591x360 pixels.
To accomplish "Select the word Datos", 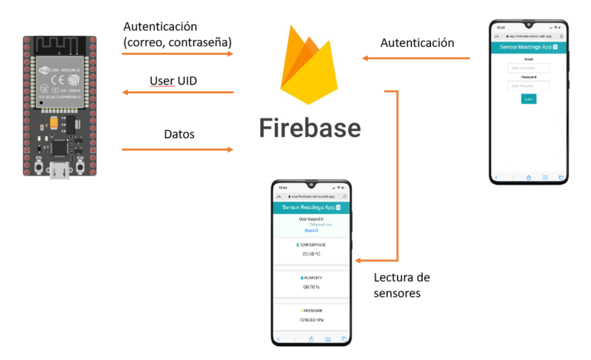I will pos(179,134).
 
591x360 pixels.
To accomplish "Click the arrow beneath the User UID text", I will pos(178,93).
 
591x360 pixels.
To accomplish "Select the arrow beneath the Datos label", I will pos(178,149).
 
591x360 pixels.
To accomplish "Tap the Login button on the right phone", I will pos(529,99).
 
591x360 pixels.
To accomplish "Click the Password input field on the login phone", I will pos(529,85).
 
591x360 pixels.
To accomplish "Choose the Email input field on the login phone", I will pos(529,68).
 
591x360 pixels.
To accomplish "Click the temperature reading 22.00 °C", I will pos(311,253).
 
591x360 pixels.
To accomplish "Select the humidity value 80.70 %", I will pos(311,286).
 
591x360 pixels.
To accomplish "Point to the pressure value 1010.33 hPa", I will pos(311,318).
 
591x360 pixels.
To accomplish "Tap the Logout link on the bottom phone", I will pos(311,230).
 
